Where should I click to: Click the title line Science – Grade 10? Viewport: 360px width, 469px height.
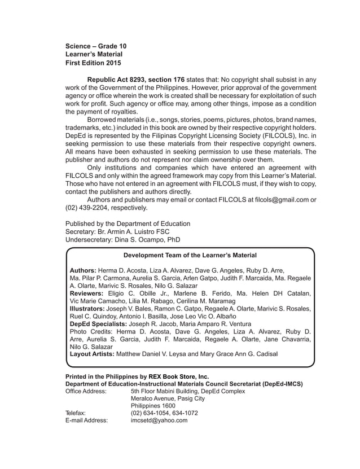96,45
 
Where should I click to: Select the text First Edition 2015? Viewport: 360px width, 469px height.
93,63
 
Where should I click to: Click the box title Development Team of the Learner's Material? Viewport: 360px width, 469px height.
190,256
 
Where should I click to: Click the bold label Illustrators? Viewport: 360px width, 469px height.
87,309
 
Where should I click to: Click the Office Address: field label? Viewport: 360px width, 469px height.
86,391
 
